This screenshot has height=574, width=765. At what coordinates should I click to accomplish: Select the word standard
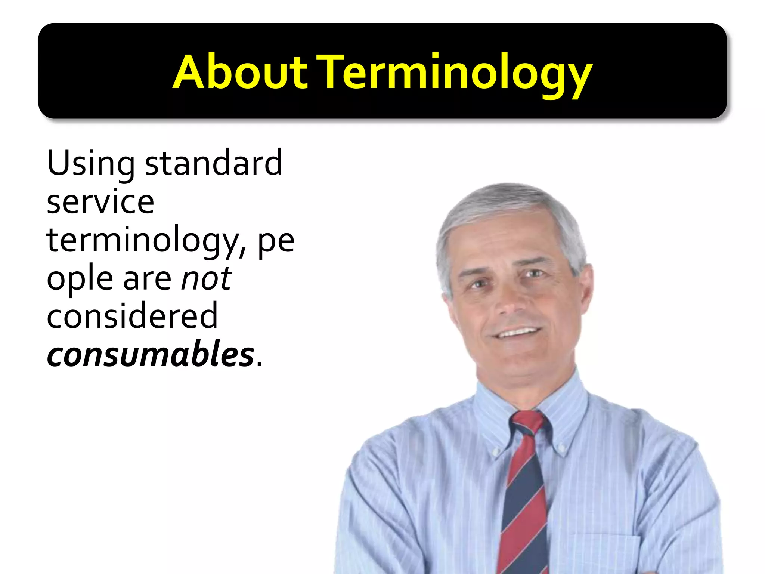pos(213,163)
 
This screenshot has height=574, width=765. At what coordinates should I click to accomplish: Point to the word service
pos(100,202)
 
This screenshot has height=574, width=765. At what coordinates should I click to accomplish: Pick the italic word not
pos(207,279)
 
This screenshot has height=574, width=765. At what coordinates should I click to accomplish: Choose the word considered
pos(132,316)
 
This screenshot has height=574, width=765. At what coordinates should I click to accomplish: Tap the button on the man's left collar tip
pos(561,447)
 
